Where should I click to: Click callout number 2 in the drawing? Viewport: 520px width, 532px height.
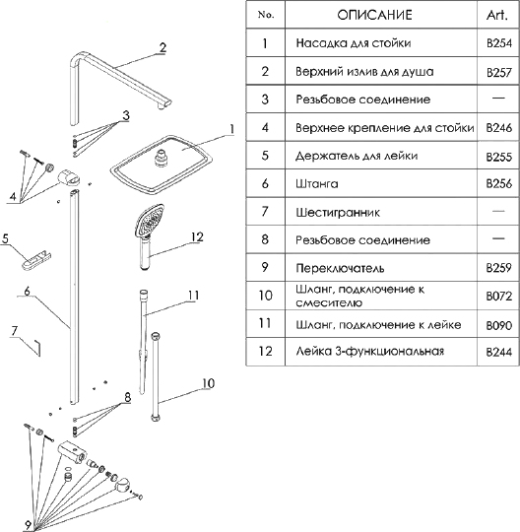[163, 47]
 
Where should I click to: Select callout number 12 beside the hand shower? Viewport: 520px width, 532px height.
[197, 236]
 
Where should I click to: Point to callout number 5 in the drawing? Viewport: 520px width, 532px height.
[6, 238]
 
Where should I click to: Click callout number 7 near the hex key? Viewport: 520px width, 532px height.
[14, 331]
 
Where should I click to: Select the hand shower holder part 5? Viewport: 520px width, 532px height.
[37, 258]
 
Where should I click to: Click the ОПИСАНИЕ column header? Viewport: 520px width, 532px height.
[374, 16]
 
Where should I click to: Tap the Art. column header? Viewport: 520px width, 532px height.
[496, 16]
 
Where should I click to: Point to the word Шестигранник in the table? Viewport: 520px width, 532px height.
[339, 211]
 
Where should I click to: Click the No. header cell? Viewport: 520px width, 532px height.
[264, 16]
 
